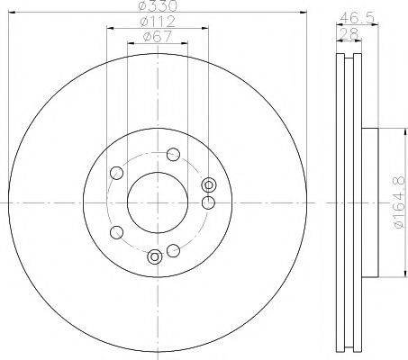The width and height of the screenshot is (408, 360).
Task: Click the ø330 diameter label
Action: click(x=159, y=5)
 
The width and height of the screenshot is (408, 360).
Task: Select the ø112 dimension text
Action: click(x=158, y=21)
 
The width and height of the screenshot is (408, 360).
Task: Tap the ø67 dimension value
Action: click(x=158, y=37)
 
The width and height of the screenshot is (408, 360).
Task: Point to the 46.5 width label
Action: click(x=357, y=18)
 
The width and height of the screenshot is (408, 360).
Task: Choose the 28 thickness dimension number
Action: click(x=349, y=33)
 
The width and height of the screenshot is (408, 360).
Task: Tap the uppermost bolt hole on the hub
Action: click(x=173, y=155)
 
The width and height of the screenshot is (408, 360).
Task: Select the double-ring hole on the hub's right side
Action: click(x=209, y=184)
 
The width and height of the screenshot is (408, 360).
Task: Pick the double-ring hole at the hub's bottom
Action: click(x=155, y=256)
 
